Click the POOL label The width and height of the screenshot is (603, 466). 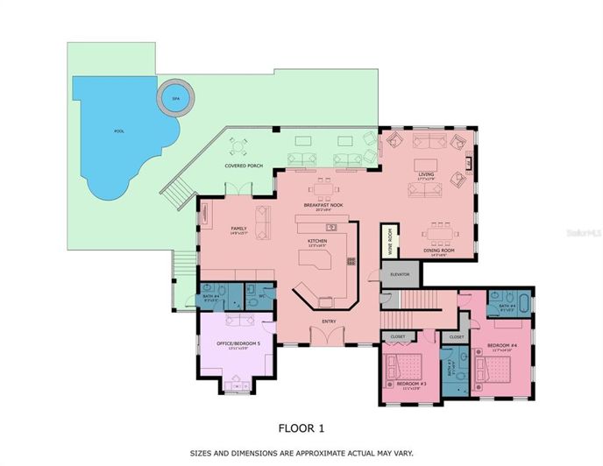(119, 131)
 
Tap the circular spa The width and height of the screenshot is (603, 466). (174, 98)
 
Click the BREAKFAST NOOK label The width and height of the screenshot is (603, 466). (323, 206)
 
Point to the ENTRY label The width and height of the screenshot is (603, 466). (329, 321)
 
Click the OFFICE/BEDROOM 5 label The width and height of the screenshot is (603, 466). (231, 344)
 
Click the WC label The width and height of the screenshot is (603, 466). (261, 295)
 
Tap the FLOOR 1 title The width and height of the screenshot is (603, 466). (301, 428)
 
